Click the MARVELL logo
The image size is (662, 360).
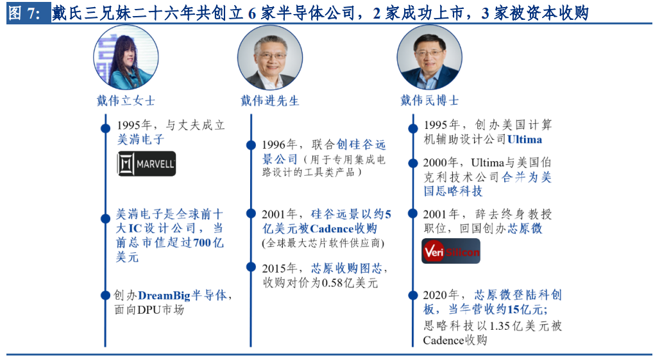[146, 164]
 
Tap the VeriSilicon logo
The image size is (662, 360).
[451, 251]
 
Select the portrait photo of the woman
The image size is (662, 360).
[126, 57]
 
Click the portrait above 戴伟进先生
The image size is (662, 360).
[270, 57]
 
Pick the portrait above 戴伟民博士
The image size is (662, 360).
[429, 57]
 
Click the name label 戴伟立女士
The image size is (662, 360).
[126, 101]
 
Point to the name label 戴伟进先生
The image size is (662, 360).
[270, 101]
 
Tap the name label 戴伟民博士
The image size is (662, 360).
[429, 101]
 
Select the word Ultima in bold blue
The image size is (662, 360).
[524, 139]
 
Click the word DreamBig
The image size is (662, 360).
[165, 295]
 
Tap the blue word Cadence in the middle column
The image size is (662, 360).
[332, 228]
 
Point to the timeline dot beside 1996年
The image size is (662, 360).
[251, 146]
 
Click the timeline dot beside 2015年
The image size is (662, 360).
[251, 267]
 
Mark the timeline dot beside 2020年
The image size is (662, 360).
[413, 295]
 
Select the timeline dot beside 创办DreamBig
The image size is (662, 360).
[106, 295]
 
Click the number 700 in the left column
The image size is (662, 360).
[202, 243]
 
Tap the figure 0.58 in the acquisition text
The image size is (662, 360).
[332, 283]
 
